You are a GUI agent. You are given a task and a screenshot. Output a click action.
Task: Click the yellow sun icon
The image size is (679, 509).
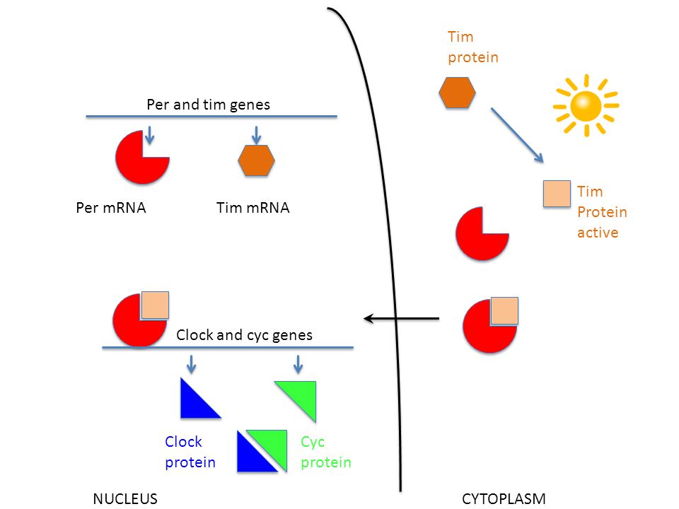pyautogui.click(x=586, y=105)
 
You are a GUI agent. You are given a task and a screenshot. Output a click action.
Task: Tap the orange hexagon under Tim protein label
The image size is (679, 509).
pyautogui.click(x=457, y=92)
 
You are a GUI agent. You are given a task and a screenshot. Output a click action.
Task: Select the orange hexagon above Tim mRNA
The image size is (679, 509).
pyautogui.click(x=256, y=160)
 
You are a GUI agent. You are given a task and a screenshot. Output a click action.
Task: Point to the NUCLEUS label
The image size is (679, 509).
pyautogui.click(x=124, y=498)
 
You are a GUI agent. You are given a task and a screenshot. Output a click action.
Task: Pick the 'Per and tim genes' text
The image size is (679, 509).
pyautogui.click(x=208, y=105)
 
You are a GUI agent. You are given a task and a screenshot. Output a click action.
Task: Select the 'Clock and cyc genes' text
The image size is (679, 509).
pyautogui.click(x=244, y=335)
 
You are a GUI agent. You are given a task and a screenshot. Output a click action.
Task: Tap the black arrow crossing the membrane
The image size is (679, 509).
pyautogui.click(x=401, y=320)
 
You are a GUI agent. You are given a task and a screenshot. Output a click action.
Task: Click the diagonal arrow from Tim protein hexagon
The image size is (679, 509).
pyautogui.click(x=517, y=135)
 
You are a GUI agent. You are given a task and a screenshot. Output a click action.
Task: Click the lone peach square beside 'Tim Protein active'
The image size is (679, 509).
pyautogui.click(x=557, y=194)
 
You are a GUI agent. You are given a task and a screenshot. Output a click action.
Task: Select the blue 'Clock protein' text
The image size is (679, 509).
pyautogui.click(x=190, y=452)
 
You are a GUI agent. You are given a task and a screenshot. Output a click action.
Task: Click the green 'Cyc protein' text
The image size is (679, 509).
pyautogui.click(x=325, y=452)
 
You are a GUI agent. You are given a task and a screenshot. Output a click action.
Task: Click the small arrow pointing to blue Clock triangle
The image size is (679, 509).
pyautogui.click(x=191, y=364)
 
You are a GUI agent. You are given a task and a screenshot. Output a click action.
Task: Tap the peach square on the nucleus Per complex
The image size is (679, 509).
pyautogui.click(x=155, y=305)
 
